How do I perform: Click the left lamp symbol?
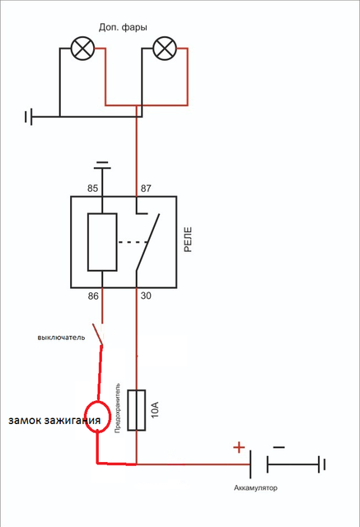(82, 48)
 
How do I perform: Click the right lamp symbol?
(165, 48)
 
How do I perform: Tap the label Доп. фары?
(123, 27)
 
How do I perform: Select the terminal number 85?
(93, 189)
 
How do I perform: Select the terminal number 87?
(146, 189)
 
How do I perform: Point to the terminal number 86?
(93, 296)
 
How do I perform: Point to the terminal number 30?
(146, 296)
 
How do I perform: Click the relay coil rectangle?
(102, 242)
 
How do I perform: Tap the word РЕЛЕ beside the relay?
(188, 240)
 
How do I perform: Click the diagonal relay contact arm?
(147, 242)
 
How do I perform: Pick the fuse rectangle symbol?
(137, 410)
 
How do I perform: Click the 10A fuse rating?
(155, 409)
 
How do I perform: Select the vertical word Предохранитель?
(117, 408)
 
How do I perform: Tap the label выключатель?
(61, 338)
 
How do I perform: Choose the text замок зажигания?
(54, 421)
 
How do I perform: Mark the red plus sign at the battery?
(239, 447)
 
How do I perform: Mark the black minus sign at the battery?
(279, 447)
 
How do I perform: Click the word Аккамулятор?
(256, 487)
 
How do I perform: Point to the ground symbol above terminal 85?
(102, 166)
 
